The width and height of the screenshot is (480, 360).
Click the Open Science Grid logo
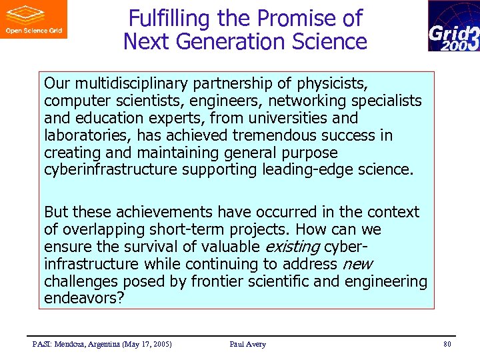point(33,19)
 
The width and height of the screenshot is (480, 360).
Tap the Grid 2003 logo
point(453,26)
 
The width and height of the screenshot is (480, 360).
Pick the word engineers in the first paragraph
point(201,101)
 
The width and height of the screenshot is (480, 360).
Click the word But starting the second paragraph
point(56,213)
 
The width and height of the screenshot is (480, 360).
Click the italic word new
point(357,265)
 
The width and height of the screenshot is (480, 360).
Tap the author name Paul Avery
point(247,344)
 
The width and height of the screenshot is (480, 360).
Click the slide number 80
point(447,344)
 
